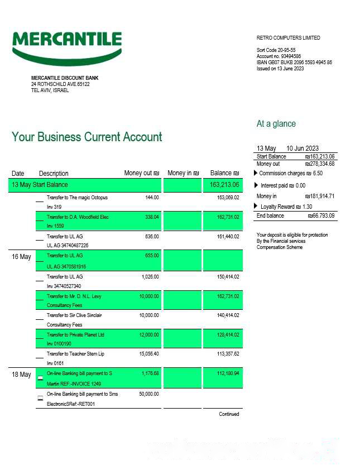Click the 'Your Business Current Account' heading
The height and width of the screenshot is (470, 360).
coord(87,137)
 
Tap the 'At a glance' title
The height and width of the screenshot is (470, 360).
coord(276,124)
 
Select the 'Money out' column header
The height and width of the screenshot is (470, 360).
coord(141,173)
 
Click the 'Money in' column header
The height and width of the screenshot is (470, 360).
coord(183,173)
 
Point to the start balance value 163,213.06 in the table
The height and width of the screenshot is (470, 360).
coord(224,185)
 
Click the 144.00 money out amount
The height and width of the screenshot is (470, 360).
coord(152,198)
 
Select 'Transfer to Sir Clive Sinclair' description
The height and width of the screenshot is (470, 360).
coord(74,315)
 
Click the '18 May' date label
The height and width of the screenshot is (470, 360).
coord(21,375)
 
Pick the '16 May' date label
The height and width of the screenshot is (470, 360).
coord(21,257)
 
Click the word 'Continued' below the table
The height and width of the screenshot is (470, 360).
coord(229,414)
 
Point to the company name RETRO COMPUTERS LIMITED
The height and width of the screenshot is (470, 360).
coord(288,38)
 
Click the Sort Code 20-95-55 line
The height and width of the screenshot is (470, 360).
coord(276,50)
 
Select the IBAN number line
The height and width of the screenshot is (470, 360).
coord(294,63)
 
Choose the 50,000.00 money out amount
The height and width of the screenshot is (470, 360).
coord(148,394)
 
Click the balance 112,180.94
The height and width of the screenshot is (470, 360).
coord(228,373)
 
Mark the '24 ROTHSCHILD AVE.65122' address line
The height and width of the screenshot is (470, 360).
coord(60,84)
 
